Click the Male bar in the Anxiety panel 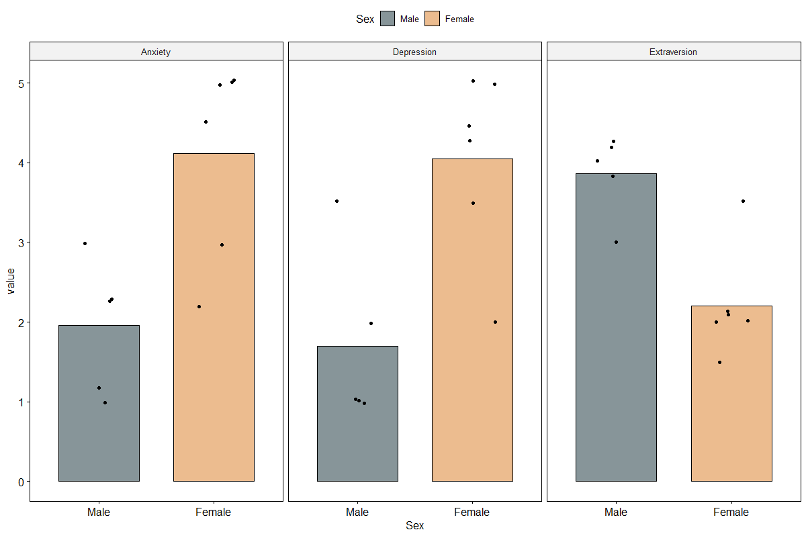click(x=99, y=403)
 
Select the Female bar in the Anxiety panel click(x=214, y=317)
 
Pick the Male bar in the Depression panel click(x=357, y=414)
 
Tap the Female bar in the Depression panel click(x=472, y=320)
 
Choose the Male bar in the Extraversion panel click(x=616, y=327)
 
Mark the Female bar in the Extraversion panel click(x=731, y=394)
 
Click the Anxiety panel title click(x=156, y=52)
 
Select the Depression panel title click(x=414, y=52)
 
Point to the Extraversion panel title click(x=673, y=52)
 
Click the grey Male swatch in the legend click(x=388, y=19)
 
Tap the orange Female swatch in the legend click(x=432, y=19)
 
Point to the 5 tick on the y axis click(x=21, y=84)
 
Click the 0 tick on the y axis click(x=21, y=482)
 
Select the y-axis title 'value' click(x=11, y=281)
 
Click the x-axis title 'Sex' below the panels click(x=414, y=525)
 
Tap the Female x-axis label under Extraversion click(x=731, y=512)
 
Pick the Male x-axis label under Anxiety click(x=99, y=512)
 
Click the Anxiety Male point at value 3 click(x=85, y=244)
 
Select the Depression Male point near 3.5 click(x=337, y=201)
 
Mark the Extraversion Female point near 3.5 click(x=743, y=201)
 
